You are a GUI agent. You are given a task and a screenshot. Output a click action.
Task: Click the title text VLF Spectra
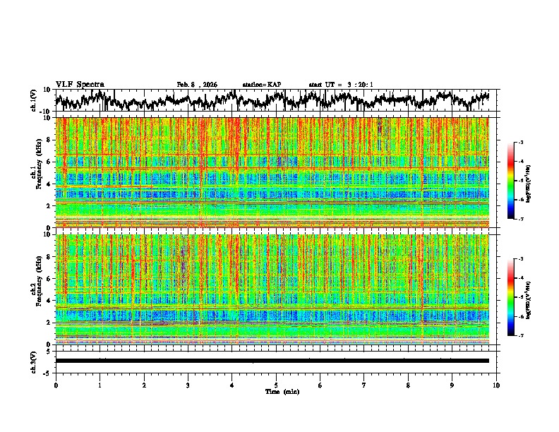[x=80, y=84]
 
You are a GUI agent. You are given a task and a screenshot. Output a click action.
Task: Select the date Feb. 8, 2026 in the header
[x=197, y=85]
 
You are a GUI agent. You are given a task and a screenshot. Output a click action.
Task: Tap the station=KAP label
[x=262, y=85]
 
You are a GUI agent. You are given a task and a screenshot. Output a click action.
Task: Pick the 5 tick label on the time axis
[x=276, y=385]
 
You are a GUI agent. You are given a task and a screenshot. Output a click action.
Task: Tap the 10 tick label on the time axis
[x=496, y=385]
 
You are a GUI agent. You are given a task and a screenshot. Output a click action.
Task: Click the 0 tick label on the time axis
[x=56, y=385]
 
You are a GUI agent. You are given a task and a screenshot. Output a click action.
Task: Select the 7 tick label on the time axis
[x=364, y=385]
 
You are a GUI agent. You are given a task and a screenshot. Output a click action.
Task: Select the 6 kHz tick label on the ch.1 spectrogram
[x=49, y=162]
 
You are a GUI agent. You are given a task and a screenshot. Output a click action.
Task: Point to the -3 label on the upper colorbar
[x=529, y=143]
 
